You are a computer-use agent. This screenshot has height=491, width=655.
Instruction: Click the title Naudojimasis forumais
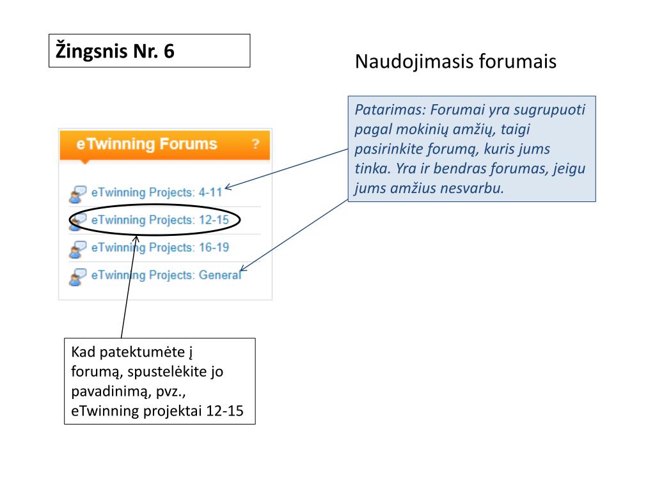455,62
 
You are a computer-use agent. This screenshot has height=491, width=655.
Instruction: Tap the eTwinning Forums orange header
146,144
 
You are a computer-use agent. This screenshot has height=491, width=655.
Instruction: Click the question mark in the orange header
255,144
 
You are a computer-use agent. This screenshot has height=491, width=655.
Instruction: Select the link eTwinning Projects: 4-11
156,192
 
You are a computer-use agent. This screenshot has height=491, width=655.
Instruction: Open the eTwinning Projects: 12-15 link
156,220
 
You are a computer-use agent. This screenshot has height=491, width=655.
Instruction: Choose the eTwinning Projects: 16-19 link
160,247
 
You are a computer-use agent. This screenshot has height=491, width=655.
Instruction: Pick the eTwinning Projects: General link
166,275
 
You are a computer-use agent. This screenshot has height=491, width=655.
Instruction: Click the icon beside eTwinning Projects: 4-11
77,194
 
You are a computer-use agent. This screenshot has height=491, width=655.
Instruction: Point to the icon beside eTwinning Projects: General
77,276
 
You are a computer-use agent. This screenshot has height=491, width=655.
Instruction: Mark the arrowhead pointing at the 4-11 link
228,187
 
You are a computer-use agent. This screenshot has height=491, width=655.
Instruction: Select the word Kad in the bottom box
83,352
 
